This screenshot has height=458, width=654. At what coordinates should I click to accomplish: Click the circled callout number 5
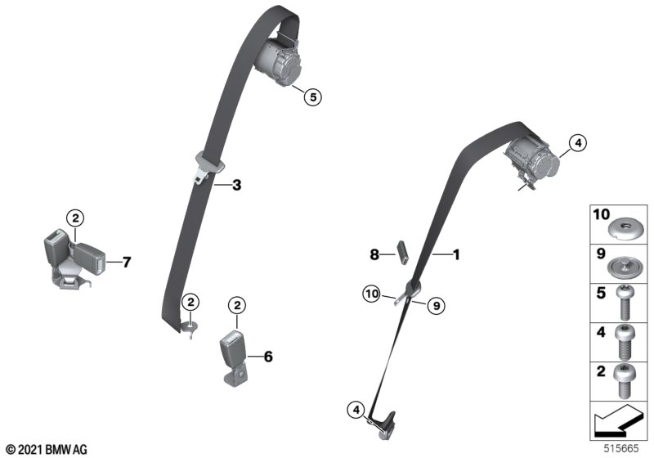pyautogui.click(x=313, y=97)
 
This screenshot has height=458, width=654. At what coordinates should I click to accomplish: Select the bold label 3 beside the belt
pyautogui.click(x=236, y=185)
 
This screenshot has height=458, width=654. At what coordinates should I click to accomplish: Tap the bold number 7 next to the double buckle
pyautogui.click(x=127, y=262)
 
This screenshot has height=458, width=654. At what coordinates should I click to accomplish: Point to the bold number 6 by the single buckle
pyautogui.click(x=268, y=357)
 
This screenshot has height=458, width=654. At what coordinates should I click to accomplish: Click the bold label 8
pyautogui.click(x=374, y=254)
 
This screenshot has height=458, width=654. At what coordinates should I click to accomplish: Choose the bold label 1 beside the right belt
pyautogui.click(x=456, y=254)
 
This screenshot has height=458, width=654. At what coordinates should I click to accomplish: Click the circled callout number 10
pyautogui.click(x=372, y=294)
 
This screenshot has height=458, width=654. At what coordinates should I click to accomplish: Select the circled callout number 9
pyautogui.click(x=437, y=306)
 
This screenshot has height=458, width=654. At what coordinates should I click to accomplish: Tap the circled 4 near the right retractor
pyautogui.click(x=578, y=143)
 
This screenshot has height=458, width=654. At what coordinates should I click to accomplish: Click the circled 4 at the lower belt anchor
pyautogui.click(x=356, y=410)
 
